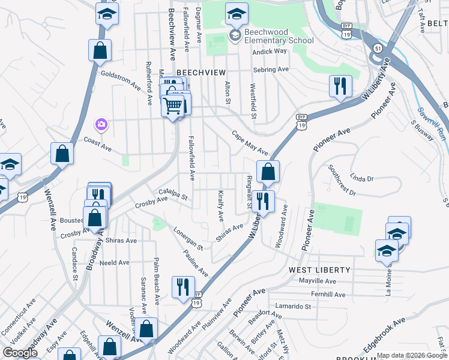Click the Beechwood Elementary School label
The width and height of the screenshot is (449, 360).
pos(279,36)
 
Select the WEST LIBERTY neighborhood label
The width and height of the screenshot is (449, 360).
pos(316,270)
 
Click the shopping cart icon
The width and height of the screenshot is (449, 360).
pos(173,106)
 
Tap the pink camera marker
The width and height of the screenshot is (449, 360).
pos(101,124)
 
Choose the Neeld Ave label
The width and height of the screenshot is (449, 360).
pos(115,262)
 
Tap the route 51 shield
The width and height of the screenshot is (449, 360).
pos(376,47)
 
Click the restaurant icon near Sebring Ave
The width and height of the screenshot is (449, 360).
pos(340,86)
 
